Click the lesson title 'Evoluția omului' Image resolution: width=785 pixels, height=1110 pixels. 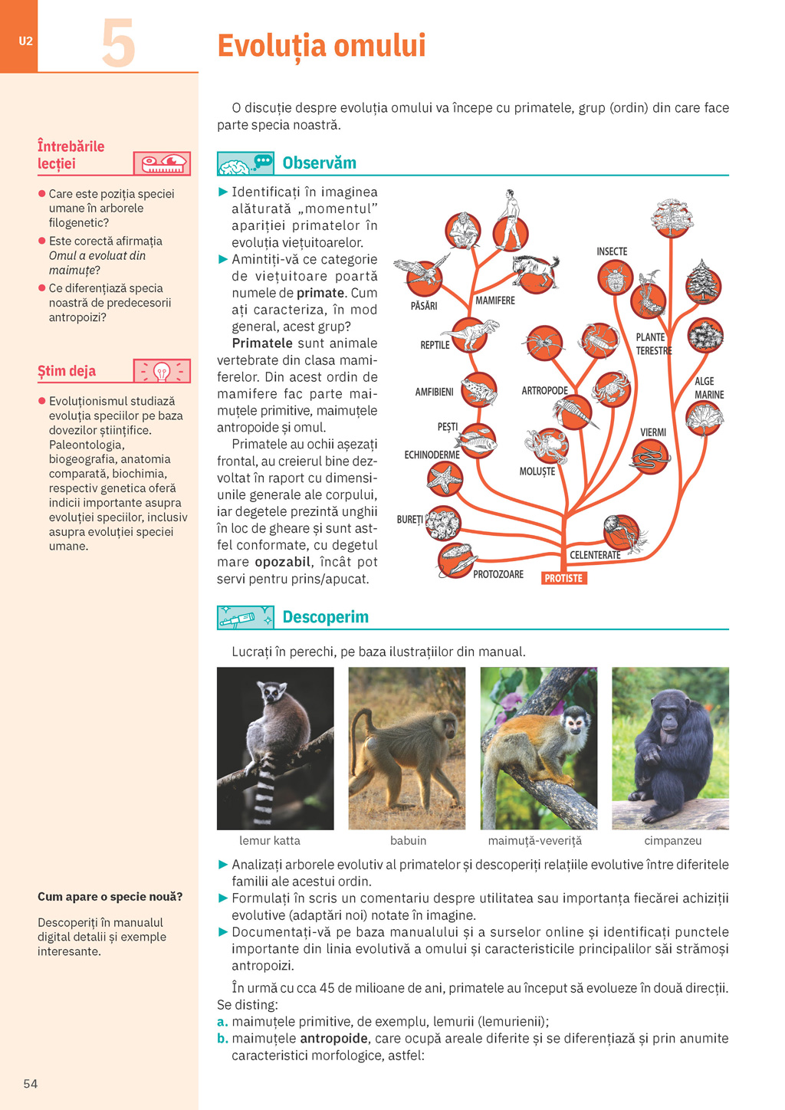pyautogui.click(x=321, y=46)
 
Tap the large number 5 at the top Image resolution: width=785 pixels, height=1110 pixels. pyautogui.click(x=119, y=44)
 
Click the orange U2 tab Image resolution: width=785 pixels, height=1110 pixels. pyautogui.click(x=25, y=41)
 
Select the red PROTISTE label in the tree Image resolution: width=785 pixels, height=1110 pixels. pyautogui.click(x=563, y=579)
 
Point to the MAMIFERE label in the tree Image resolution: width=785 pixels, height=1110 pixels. pyautogui.click(x=495, y=300)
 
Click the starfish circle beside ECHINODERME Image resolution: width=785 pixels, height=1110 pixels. pyautogui.click(x=445, y=479)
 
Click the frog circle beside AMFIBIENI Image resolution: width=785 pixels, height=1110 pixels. pyautogui.click(x=479, y=390)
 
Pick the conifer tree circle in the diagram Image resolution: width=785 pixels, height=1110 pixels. pyautogui.click(x=702, y=282)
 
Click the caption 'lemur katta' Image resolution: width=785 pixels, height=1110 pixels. pyautogui.click(x=270, y=841)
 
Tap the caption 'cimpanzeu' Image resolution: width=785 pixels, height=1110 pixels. pyautogui.click(x=672, y=841)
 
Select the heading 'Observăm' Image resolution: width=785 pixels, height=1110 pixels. pyautogui.click(x=319, y=163)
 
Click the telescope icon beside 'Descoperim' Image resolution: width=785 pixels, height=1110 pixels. pyautogui.click(x=244, y=617)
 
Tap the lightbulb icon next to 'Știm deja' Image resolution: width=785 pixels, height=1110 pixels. pyautogui.click(x=162, y=372)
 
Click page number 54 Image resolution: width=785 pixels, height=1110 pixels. pyautogui.click(x=31, y=1084)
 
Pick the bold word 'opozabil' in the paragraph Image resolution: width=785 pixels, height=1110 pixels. pyautogui.click(x=283, y=562)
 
